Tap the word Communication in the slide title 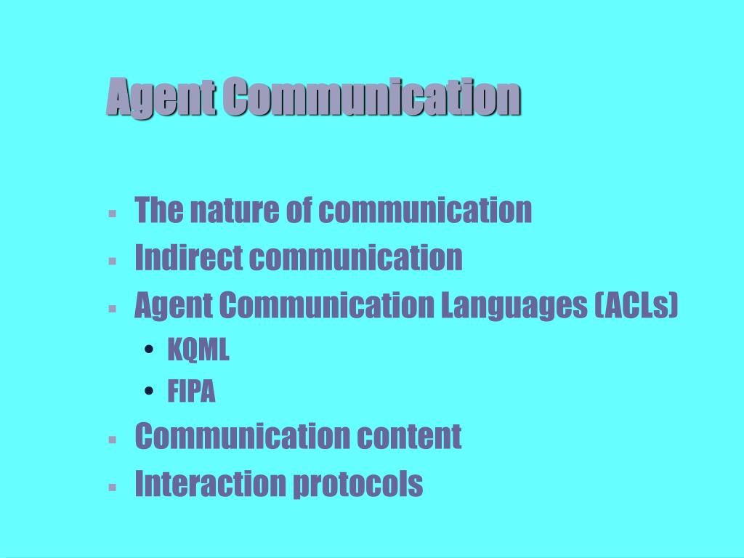371,97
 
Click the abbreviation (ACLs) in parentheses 636,307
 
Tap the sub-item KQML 198,350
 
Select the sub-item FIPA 192,392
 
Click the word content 409,437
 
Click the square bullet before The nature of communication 113,214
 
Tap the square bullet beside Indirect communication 113,260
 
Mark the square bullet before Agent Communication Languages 113,308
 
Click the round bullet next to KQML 149,351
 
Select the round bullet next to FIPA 149,392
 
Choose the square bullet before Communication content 113,439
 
